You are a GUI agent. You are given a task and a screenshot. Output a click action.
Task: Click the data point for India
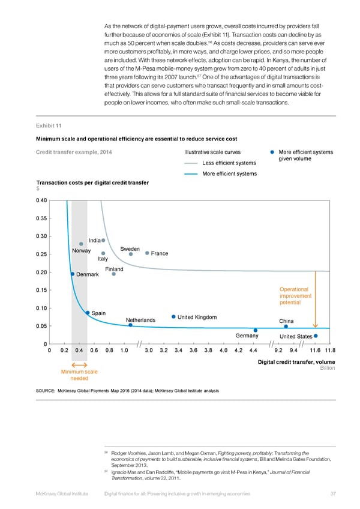pyautogui.click(x=103, y=241)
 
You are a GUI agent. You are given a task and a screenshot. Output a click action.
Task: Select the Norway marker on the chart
pyautogui.click(x=81, y=244)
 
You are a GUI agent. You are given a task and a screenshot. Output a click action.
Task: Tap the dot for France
pyautogui.click(x=147, y=253)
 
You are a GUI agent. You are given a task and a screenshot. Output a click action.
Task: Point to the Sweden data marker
pyautogui.click(x=130, y=254)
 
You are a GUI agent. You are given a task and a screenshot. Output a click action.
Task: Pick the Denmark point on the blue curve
pyautogui.click(x=72, y=274)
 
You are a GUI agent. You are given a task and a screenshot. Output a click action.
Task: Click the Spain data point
pyautogui.click(x=88, y=313)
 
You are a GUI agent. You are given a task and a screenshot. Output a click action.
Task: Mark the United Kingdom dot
pyautogui.click(x=173, y=317)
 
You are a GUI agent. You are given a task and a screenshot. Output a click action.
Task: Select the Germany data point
pyautogui.click(x=256, y=330)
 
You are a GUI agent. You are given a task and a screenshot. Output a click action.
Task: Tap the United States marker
pyautogui.click(x=316, y=336)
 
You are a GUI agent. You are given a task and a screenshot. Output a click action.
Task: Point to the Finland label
pyautogui.click(x=114, y=269)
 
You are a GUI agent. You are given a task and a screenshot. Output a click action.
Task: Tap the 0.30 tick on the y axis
pyautogui.click(x=43, y=236)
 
